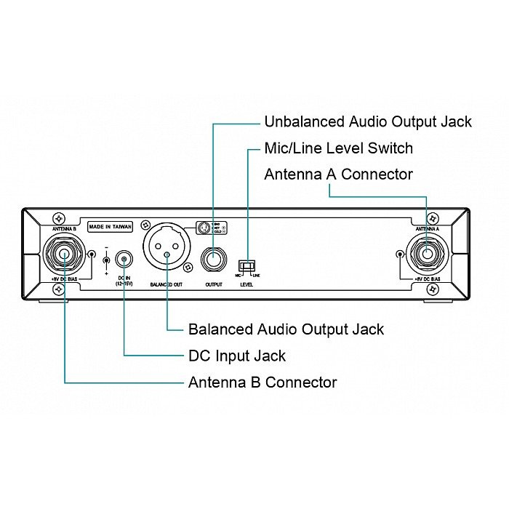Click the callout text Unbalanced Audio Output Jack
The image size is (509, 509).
(368, 121)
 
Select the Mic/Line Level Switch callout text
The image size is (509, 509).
(339, 148)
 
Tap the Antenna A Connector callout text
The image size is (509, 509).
(338, 175)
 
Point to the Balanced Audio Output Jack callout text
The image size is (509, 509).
(286, 329)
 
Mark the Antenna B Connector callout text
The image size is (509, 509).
(262, 382)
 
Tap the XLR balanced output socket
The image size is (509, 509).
(167, 247)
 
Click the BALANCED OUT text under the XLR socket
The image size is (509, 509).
(167, 284)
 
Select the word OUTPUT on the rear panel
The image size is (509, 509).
(213, 284)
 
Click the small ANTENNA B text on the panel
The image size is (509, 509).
(65, 228)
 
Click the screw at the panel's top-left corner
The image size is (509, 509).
(58, 218)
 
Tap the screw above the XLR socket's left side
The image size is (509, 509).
(146, 225)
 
